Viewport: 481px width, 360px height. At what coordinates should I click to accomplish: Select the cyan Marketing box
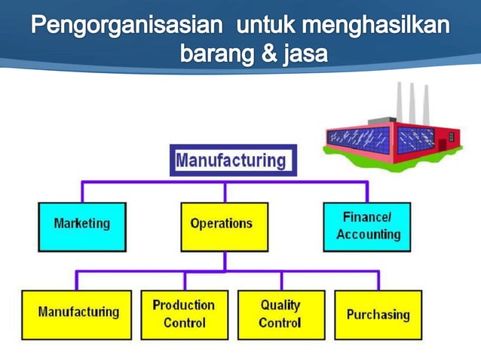point(82,224)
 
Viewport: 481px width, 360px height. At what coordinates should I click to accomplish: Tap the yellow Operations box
point(224,224)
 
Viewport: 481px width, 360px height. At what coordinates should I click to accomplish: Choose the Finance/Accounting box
point(367,225)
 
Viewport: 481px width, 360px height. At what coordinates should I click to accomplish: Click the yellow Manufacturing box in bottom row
point(78,313)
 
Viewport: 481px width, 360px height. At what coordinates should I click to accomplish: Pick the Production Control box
point(183,314)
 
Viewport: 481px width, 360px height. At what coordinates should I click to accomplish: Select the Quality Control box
point(280,314)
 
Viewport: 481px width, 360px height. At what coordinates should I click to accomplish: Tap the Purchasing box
point(378,314)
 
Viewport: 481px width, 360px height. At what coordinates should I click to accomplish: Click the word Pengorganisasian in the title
point(127,26)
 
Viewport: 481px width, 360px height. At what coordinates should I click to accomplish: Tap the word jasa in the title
point(305,55)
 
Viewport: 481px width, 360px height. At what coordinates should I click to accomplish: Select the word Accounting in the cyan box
point(368,234)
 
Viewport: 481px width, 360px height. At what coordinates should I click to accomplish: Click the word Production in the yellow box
point(183,305)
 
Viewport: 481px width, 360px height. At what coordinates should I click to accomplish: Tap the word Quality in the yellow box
point(280,305)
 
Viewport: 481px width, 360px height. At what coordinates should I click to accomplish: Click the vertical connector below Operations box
point(224,261)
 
